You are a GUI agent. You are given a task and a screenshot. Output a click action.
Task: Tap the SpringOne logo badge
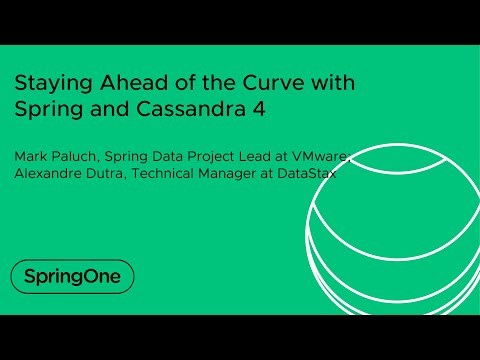[x=71, y=276]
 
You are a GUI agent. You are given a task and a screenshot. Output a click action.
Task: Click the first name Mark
[x=28, y=156]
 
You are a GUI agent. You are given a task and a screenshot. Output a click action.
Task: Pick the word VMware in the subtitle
[x=321, y=156]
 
